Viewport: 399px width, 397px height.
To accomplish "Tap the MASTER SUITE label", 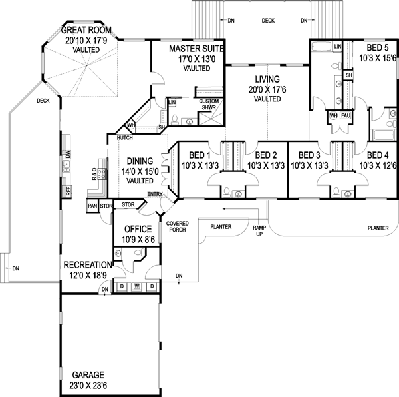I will point(196,49).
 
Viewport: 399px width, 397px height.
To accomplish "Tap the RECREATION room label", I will point(89,264).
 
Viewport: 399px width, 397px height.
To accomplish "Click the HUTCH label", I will point(124,138).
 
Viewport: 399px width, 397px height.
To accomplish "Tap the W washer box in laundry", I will point(136,287).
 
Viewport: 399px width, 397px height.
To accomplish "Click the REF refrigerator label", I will point(68,189).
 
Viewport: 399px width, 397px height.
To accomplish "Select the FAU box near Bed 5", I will point(345,115).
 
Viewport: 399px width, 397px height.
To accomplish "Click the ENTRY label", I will point(155,194).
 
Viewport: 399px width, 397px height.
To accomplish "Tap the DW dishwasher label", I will point(68,154).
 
